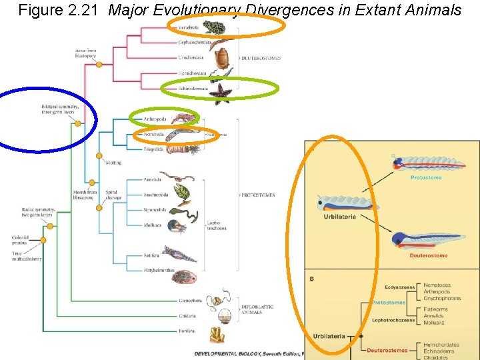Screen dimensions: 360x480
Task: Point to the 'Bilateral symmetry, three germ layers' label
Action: coord(60,109)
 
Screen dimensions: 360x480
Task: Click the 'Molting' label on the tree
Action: coord(113,162)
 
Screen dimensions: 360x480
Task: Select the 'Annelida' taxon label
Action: coord(152,180)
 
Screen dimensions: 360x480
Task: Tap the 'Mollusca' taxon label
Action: coord(152,226)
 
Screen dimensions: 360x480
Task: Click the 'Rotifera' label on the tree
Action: coord(151,255)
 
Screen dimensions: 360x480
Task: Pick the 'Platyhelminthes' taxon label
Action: coord(159,271)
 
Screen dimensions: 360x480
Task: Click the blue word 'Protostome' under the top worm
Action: coord(425,178)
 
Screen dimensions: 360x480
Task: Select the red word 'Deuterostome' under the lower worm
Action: coord(429,255)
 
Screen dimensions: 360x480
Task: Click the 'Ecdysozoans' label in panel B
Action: coord(400,287)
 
